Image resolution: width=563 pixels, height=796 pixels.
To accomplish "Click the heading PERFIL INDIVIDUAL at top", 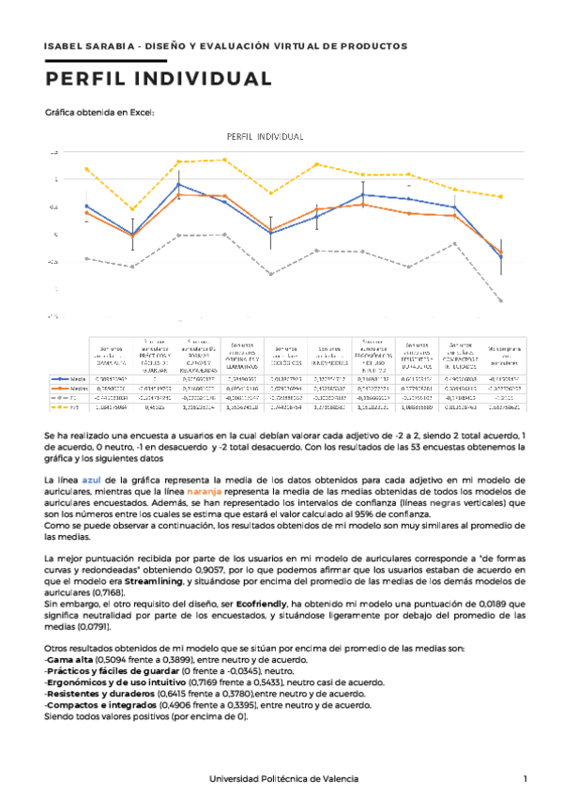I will point(159,78).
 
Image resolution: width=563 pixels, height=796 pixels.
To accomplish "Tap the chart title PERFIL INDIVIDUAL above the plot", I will point(266,137).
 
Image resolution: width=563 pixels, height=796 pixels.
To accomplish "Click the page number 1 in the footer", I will point(525,779).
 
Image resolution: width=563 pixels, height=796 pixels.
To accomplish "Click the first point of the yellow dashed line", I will point(86,169).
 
